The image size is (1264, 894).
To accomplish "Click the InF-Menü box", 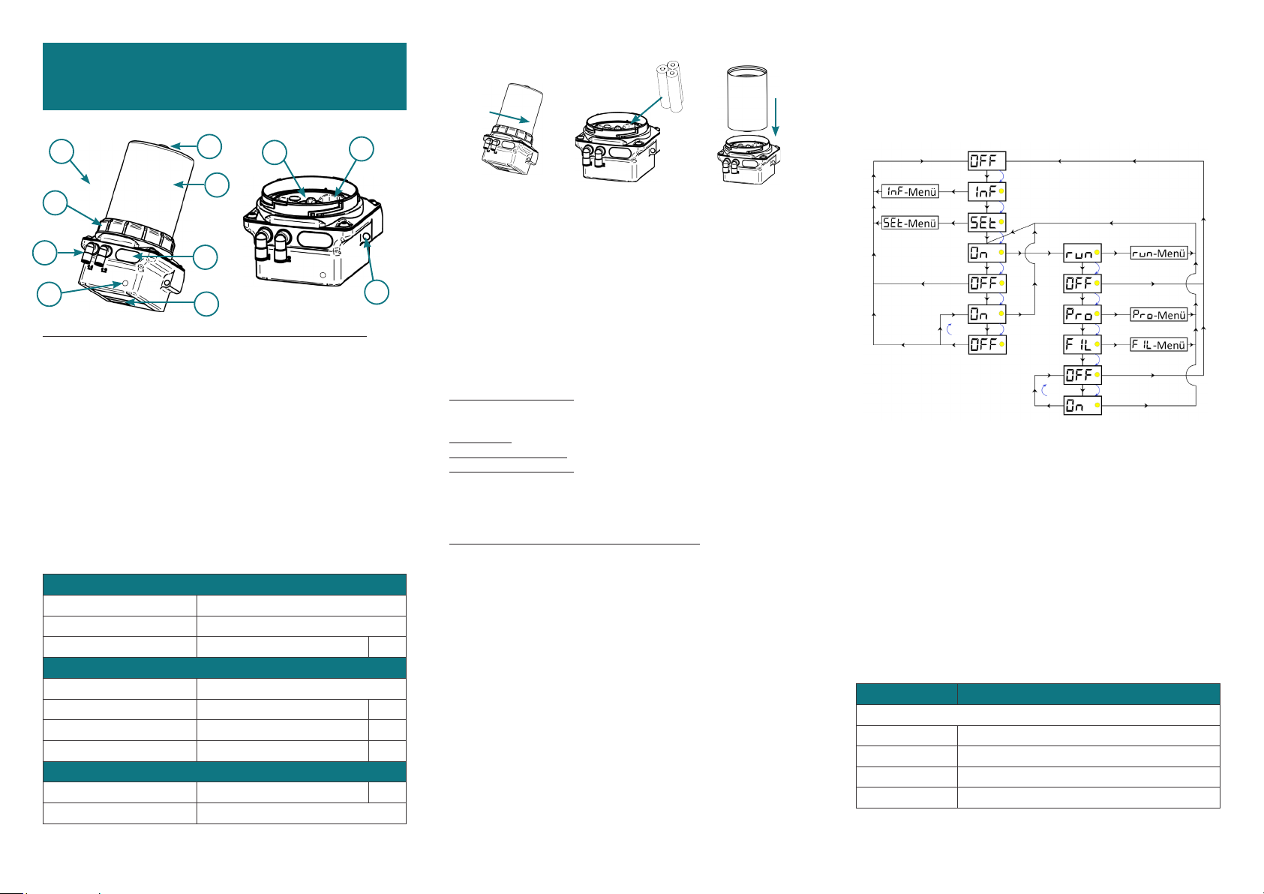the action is click(910, 192).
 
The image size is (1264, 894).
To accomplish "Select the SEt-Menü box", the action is click(910, 223).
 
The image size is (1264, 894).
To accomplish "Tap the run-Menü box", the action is click(1159, 253).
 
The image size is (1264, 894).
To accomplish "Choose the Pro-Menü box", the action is click(1159, 315).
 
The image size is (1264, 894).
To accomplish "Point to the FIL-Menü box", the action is click(1159, 345).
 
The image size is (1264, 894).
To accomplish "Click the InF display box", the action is click(987, 192).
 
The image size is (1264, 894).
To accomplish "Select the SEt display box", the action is click(987, 222).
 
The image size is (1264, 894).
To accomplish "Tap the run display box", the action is click(1082, 253).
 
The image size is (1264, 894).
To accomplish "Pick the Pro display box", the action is click(1082, 314).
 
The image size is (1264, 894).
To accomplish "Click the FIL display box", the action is click(1082, 344).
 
